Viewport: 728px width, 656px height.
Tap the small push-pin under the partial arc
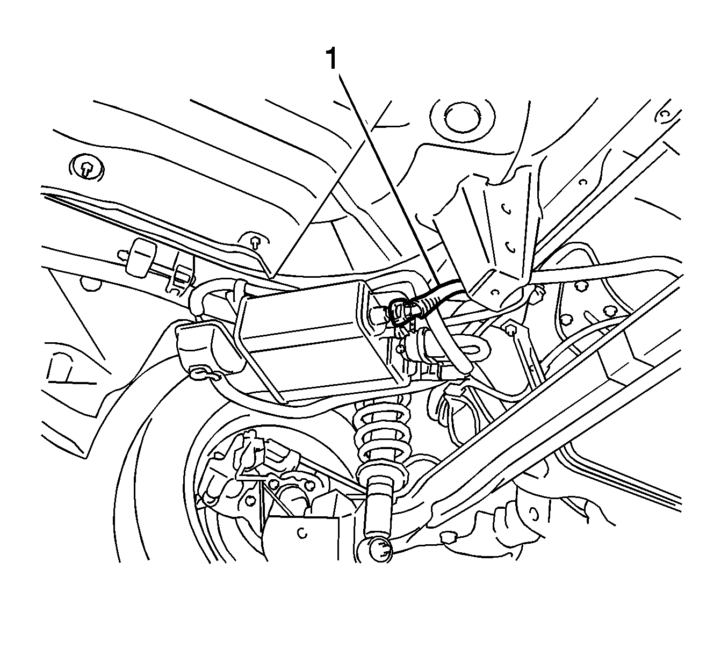[255, 242]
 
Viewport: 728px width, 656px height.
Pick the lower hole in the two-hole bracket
[510, 247]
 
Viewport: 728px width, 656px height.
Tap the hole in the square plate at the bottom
[302, 532]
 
